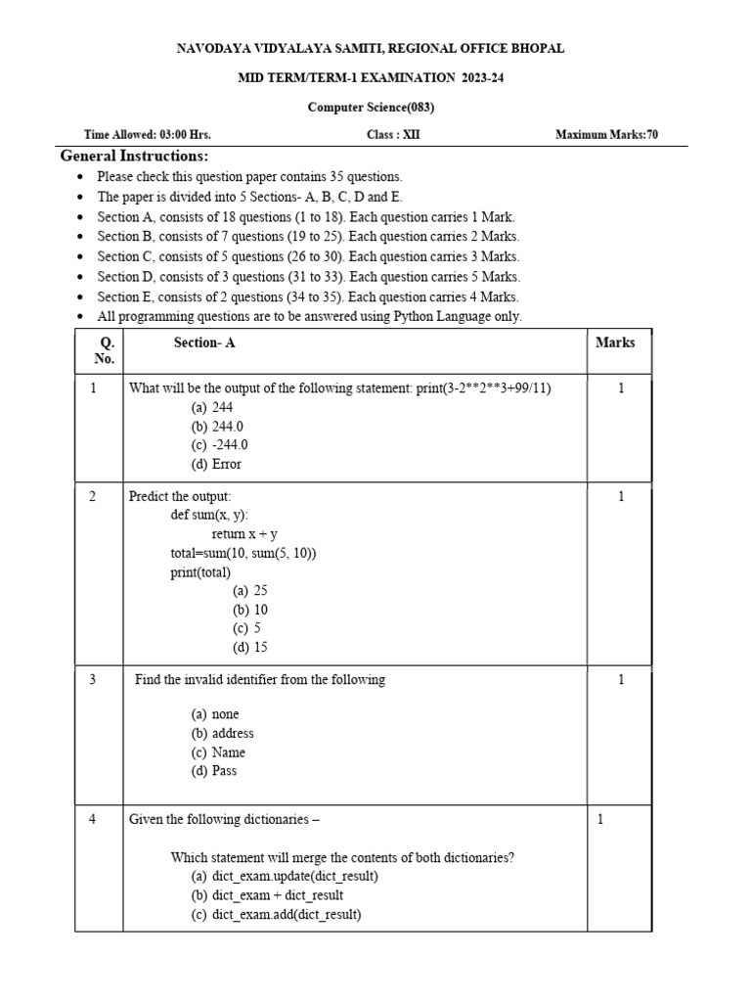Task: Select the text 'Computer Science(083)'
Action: point(371,108)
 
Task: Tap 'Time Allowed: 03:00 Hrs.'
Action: point(148,135)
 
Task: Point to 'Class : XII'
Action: point(393,135)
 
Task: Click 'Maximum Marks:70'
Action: point(606,135)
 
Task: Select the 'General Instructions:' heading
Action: point(134,157)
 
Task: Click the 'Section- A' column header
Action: point(204,342)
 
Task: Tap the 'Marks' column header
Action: point(615,342)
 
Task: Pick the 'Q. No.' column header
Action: point(105,350)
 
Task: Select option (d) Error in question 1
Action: point(216,464)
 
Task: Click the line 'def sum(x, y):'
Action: point(209,515)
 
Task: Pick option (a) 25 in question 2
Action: point(250,590)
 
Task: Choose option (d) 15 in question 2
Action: point(250,647)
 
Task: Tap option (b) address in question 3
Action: point(223,733)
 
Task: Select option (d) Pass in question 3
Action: point(214,770)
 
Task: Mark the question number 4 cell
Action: point(93,820)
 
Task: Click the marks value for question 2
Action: point(620,496)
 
